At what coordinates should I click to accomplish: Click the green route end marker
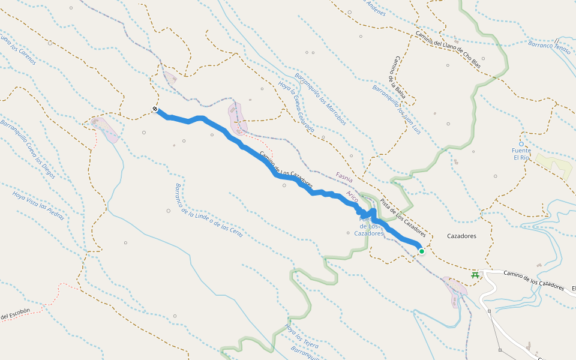click(x=422, y=251)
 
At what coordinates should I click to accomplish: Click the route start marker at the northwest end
click(x=155, y=109)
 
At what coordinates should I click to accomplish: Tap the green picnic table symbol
click(x=475, y=275)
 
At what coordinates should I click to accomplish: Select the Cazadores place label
click(x=461, y=236)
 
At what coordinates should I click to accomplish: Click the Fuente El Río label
click(x=521, y=154)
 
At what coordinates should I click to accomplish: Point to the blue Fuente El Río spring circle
click(x=521, y=144)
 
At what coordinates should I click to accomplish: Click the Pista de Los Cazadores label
click(x=403, y=217)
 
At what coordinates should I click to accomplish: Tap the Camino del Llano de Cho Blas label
click(x=448, y=49)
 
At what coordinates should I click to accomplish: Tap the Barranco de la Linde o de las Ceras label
click(x=208, y=210)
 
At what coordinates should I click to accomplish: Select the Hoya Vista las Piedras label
click(x=38, y=205)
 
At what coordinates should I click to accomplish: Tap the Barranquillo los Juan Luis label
click(x=396, y=109)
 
